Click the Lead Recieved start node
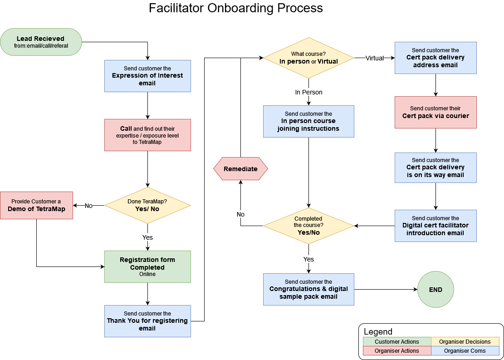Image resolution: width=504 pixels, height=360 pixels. [x=41, y=42]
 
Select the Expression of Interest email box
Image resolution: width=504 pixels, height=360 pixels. [x=147, y=76]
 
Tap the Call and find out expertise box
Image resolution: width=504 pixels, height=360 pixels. [x=147, y=135]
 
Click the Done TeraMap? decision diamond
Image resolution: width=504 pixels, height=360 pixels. [x=147, y=205]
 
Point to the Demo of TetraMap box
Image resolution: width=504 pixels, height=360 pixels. [x=36, y=205]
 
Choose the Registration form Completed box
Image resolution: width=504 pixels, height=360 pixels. [x=147, y=266]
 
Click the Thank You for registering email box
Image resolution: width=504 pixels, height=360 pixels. [x=147, y=321]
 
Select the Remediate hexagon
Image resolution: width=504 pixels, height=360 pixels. [x=240, y=169]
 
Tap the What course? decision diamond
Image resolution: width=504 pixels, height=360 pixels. [x=308, y=58]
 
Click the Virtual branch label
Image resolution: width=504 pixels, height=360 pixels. [x=375, y=58]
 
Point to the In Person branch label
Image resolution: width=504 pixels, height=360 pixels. [x=308, y=92]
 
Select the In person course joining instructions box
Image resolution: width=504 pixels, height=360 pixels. [x=308, y=121]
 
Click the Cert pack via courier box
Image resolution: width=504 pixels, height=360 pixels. [x=435, y=112]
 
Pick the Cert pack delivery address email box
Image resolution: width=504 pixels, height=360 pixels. [x=435, y=58]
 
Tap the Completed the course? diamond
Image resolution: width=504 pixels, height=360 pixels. [x=308, y=226]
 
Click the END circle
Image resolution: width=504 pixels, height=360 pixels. [x=435, y=289]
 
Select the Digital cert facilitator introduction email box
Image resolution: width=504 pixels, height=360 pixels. [x=435, y=226]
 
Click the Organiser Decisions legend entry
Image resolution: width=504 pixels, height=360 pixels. [x=465, y=342]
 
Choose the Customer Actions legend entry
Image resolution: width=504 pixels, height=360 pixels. [x=397, y=342]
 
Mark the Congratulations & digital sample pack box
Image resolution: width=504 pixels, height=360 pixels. [x=308, y=289]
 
